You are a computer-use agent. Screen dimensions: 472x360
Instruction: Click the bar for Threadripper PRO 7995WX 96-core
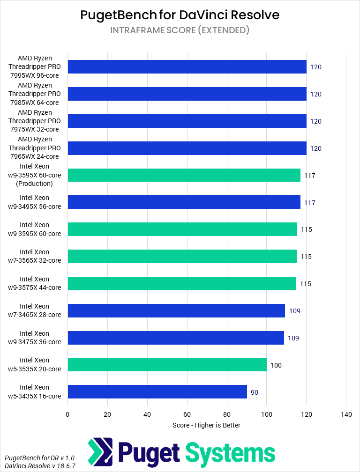pyautogui.click(x=187, y=67)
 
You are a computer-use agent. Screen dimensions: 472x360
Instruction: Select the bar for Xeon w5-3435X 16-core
pyautogui.click(x=157, y=392)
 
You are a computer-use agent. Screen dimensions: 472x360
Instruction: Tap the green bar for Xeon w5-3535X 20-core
pyautogui.click(x=167, y=365)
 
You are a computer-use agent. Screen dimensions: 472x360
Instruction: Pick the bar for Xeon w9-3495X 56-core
pyautogui.click(x=184, y=202)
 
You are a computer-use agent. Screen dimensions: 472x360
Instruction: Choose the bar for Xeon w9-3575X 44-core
pyautogui.click(x=182, y=284)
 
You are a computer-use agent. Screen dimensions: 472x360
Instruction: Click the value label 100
pyautogui.click(x=276, y=365)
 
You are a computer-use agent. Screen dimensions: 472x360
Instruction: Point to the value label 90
pyautogui.click(x=255, y=392)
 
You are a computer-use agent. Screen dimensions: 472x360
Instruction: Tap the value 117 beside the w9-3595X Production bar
pyautogui.click(x=309, y=176)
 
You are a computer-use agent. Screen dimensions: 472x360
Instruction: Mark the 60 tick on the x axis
pyautogui.click(x=187, y=414)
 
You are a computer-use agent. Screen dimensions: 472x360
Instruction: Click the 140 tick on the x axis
pyautogui.click(x=346, y=414)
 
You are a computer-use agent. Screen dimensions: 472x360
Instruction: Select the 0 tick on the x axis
pyautogui.click(x=67, y=414)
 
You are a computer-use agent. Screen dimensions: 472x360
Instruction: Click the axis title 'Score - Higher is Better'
pyautogui.click(x=206, y=425)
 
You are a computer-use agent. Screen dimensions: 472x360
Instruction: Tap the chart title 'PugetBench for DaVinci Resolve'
pyautogui.click(x=180, y=15)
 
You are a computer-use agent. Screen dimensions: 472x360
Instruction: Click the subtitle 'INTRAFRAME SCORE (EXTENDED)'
pyautogui.click(x=180, y=30)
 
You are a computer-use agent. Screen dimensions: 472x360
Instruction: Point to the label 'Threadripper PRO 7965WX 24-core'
pyautogui.click(x=35, y=148)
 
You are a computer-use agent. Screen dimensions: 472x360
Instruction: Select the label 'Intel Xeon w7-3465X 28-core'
pyautogui.click(x=35, y=310)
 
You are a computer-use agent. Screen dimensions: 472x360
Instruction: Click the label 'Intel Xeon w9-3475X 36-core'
pyautogui.click(x=35, y=338)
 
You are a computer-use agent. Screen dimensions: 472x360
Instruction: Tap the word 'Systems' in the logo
pyautogui.click(x=230, y=453)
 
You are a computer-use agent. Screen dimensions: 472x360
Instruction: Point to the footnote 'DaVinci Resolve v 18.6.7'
pyautogui.click(x=40, y=466)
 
